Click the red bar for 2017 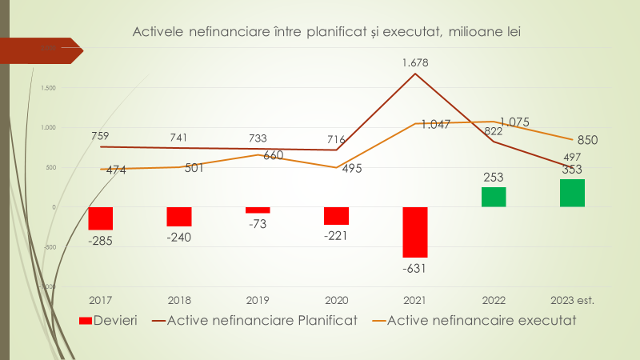pos(100,218)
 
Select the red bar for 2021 pos(414,232)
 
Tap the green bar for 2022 pos(493,197)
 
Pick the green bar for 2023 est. pos(572,193)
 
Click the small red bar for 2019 pos(258,210)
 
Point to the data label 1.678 pos(415,60)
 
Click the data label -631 pos(414,268)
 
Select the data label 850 pos(588,140)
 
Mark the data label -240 pos(179,237)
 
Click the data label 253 pos(493,177)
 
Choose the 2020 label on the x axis pos(336,301)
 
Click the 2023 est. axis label pos(572,301)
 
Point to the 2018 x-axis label pos(179,301)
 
